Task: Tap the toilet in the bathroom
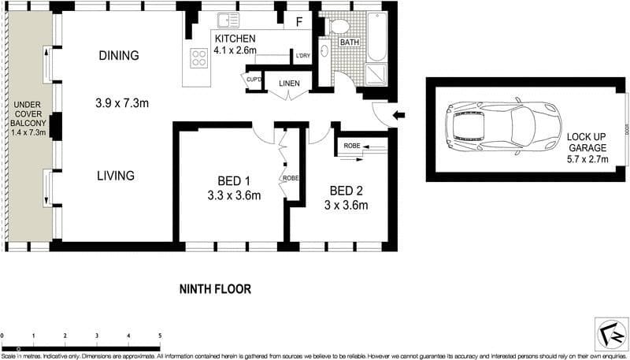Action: (340, 26)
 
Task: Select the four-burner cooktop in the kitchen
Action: (198, 57)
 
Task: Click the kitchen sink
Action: (228, 21)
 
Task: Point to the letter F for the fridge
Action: (298, 22)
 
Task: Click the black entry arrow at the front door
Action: (398, 115)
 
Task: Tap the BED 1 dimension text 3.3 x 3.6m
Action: (234, 195)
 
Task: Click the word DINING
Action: (119, 56)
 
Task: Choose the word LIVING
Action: (116, 176)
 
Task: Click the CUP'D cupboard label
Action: (254, 80)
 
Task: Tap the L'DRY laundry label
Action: (302, 57)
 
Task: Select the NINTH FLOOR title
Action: (215, 289)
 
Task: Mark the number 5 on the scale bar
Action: (160, 336)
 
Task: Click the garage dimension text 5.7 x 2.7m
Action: (587, 150)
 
